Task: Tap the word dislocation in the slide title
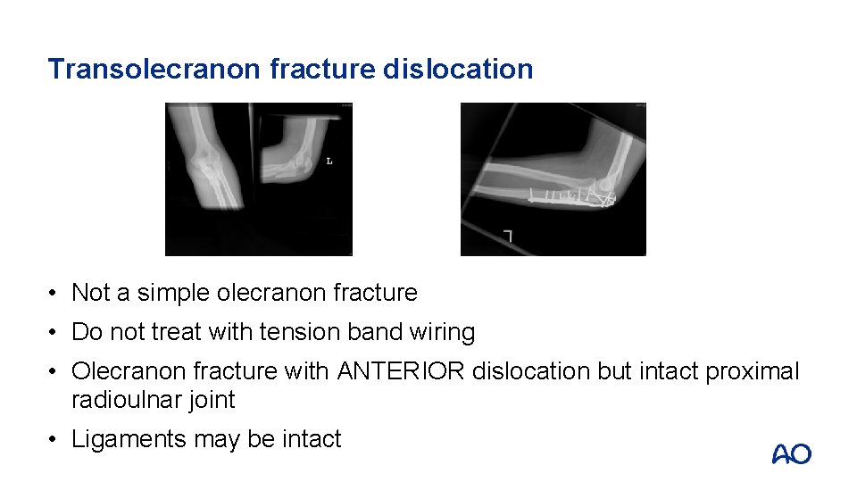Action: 458,69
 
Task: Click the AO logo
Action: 791,454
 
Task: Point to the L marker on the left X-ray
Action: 329,162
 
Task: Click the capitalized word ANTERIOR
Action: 401,371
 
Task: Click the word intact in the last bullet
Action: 312,439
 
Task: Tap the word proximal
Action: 753,371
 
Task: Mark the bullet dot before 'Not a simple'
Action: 54,293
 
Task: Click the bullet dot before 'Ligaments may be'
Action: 54,439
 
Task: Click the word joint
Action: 210,400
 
